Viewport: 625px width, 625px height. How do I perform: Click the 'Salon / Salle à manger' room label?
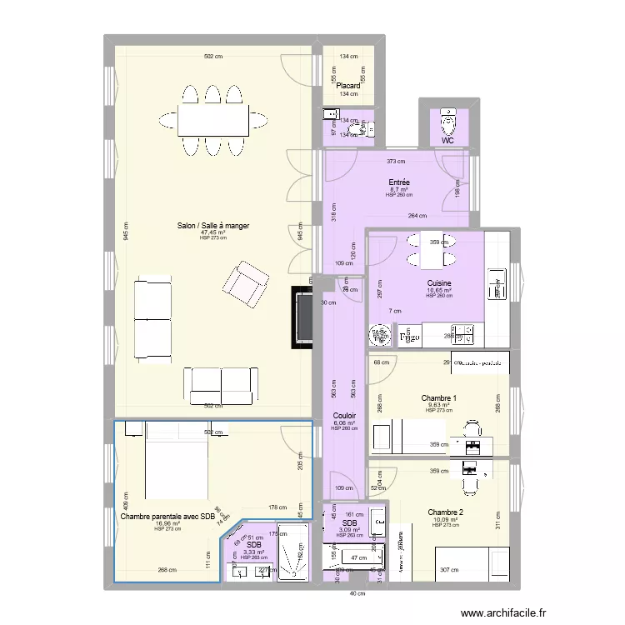[212, 225]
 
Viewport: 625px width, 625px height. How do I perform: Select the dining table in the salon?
[212, 120]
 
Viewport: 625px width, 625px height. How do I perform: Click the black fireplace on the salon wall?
[302, 317]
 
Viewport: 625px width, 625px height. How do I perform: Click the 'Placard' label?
[348, 86]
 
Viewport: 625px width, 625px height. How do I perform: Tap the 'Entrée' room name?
[399, 182]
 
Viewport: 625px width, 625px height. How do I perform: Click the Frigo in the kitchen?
[408, 337]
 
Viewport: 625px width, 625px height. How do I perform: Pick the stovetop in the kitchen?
[462, 335]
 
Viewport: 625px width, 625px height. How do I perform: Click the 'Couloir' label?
[344, 415]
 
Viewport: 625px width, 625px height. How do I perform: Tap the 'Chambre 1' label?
[438, 398]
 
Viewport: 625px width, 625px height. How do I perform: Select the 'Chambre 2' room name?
[445, 512]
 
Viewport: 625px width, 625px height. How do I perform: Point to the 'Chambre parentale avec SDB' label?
[167, 517]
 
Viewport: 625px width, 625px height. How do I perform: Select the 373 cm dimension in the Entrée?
[396, 162]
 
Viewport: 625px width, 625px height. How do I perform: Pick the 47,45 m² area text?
[212, 232]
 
